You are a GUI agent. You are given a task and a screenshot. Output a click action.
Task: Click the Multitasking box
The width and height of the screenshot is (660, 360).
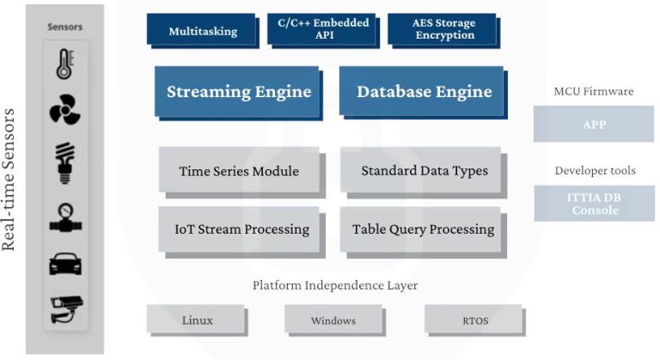point(203,32)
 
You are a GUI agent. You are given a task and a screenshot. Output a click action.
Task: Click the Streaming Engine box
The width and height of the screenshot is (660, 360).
point(238,92)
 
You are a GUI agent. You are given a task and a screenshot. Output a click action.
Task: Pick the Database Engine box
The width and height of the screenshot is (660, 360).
point(424,92)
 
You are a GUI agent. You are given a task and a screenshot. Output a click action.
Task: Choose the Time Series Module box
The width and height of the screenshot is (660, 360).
point(238,171)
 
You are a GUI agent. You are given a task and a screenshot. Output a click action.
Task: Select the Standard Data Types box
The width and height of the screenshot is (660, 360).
point(424,171)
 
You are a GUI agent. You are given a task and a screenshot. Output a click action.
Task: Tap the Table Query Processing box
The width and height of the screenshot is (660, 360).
point(423,229)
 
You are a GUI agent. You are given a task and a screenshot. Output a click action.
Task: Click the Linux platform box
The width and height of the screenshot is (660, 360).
point(197,321)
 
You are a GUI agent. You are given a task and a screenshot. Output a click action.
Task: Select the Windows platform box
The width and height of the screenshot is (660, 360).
point(333,321)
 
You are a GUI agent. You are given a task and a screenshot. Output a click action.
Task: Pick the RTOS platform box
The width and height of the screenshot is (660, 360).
point(474,321)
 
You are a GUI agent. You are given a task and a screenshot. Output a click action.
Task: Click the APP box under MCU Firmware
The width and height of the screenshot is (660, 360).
point(593,124)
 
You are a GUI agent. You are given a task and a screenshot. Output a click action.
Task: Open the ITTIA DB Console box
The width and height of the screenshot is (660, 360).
point(594,204)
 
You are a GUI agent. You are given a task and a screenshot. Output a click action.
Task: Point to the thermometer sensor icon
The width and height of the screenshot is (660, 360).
point(65,64)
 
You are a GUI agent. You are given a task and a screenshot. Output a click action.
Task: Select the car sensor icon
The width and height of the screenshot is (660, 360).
point(65,264)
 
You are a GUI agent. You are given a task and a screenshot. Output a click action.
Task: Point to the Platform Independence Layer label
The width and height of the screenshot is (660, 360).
point(335,285)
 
